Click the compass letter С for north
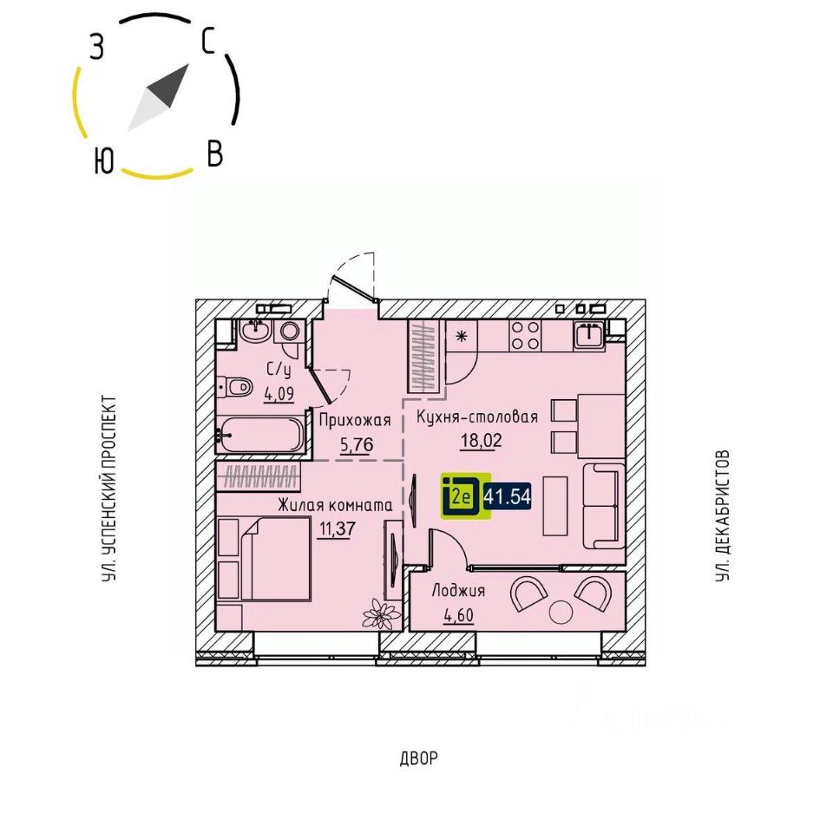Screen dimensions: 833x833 (208, 41)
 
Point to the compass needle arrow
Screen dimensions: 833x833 (159, 96)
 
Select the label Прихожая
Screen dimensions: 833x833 (354, 421)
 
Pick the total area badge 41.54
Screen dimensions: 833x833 (508, 497)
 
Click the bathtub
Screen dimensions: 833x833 (260, 433)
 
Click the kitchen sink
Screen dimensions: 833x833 (591, 334)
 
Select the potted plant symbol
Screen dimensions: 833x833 (379, 614)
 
